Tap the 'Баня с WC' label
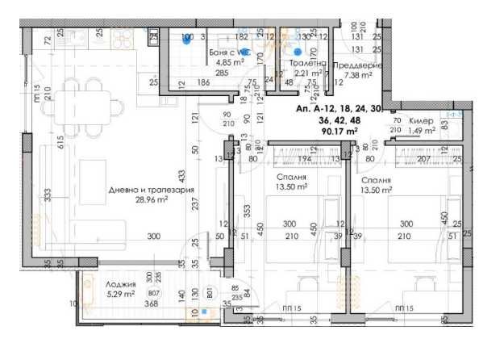212,50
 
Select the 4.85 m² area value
210,61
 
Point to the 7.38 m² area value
358,77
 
